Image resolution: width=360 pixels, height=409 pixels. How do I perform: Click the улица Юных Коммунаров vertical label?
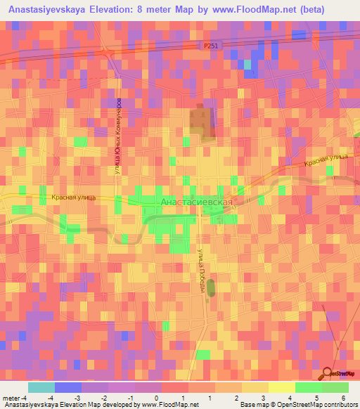tap(117, 134)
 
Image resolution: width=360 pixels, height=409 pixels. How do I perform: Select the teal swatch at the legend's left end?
tap(41, 387)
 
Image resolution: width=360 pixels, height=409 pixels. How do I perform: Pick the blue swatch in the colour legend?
tap(68, 387)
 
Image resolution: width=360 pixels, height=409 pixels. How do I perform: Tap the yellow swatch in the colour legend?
tap(282, 387)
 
